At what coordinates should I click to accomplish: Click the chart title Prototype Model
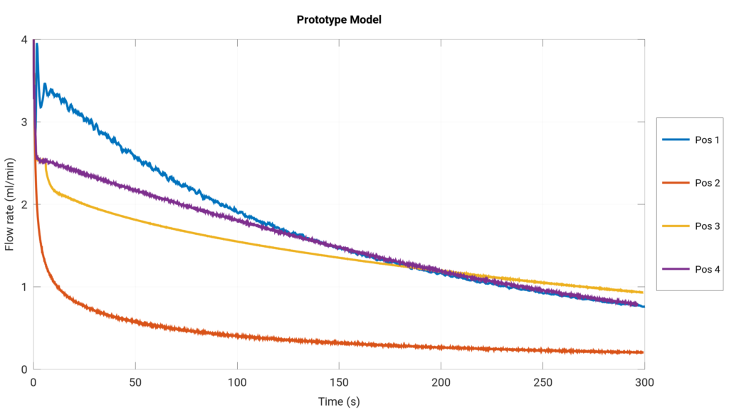[339, 20]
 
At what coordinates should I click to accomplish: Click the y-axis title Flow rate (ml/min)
[10, 205]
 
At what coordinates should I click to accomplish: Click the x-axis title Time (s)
[339, 401]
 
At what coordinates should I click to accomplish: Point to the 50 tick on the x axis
[135, 382]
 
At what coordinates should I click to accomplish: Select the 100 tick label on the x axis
[237, 382]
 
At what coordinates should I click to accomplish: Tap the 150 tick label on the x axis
[339, 382]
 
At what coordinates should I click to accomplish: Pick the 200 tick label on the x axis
[441, 382]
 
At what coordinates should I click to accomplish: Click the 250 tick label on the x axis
[542, 382]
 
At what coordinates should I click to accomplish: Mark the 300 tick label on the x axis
[644, 382]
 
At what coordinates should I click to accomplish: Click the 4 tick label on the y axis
[24, 40]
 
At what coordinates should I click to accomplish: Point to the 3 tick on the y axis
[24, 122]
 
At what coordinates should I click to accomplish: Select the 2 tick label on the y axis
[24, 205]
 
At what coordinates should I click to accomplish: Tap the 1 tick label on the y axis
[24, 288]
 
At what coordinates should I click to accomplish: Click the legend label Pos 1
[707, 140]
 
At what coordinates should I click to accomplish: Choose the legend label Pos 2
[707, 183]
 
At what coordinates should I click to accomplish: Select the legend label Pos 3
[707, 226]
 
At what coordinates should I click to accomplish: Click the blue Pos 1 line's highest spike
[36, 43]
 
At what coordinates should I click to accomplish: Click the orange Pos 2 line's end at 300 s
[644, 352]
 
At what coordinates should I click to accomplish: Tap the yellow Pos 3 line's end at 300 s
[644, 293]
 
